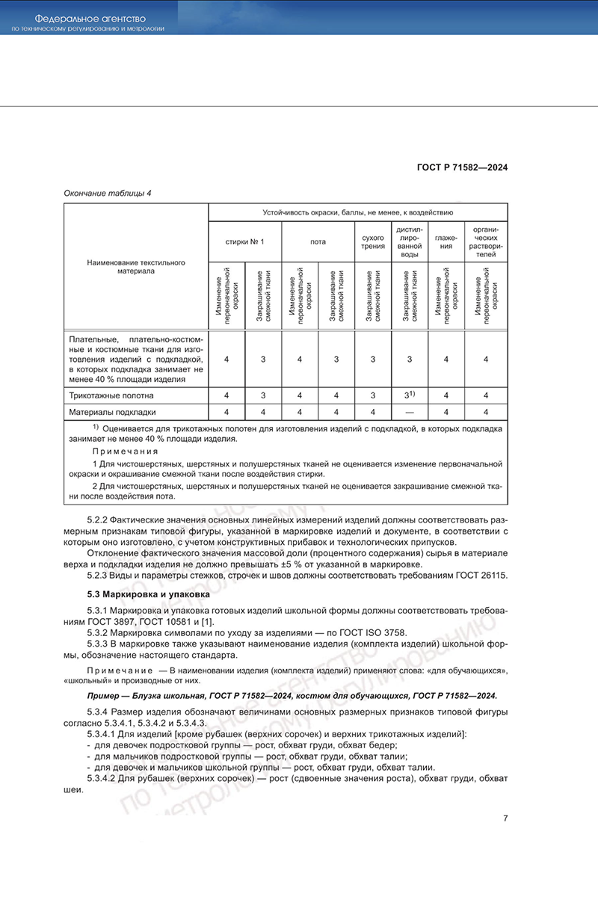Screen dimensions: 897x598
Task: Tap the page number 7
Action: click(x=505, y=818)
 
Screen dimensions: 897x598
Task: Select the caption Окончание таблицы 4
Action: click(x=108, y=193)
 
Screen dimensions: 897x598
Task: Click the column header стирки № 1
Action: click(x=244, y=241)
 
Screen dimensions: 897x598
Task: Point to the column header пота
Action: click(x=318, y=241)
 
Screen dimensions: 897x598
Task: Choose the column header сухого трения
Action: click(x=372, y=241)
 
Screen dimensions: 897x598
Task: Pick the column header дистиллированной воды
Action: click(x=409, y=241)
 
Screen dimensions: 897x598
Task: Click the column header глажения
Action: click(x=446, y=241)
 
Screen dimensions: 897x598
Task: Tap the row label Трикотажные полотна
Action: click(x=111, y=395)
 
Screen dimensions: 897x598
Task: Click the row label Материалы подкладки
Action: click(x=112, y=412)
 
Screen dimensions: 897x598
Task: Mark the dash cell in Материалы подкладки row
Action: click(x=409, y=412)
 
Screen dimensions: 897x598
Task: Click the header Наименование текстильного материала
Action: click(x=135, y=267)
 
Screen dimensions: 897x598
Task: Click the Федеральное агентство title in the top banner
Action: click(x=90, y=17)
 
